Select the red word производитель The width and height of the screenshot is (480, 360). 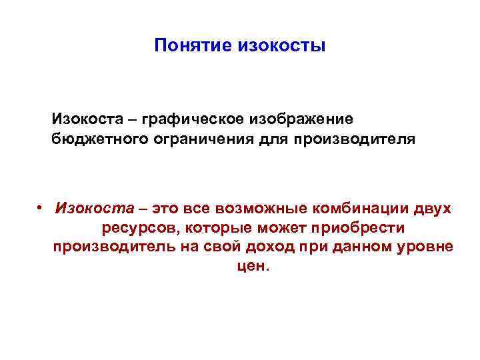pyautogui.click(x=107, y=247)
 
